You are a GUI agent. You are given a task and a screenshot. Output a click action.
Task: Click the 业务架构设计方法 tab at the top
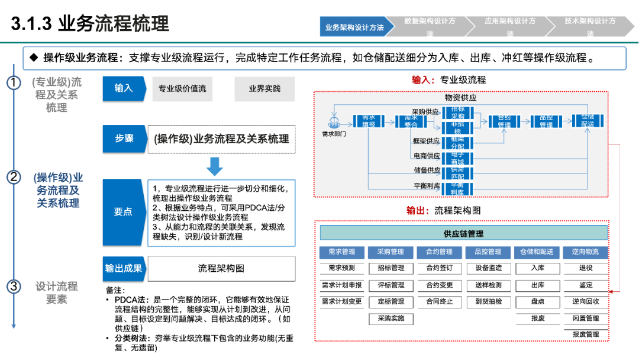coord(354,27)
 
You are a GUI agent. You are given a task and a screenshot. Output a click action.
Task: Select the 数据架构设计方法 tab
coord(430,27)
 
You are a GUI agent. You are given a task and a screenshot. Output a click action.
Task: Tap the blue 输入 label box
coord(124,88)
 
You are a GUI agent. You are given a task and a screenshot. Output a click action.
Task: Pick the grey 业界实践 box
coord(264,89)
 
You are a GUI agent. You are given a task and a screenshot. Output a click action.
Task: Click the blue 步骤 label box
coord(124,138)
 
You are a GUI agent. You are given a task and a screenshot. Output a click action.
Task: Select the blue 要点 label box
coord(124,212)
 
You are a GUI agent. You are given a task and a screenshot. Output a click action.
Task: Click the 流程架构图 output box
coord(221,268)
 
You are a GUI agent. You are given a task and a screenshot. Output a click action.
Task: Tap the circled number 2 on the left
coord(14,177)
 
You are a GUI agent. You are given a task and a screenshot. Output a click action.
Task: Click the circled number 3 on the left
coord(14,287)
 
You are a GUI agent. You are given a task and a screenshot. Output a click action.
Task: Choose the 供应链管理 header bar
coord(463,233)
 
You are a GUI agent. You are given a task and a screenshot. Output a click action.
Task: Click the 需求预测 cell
coord(342,268)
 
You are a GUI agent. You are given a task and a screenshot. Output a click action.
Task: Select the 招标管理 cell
coord(390,268)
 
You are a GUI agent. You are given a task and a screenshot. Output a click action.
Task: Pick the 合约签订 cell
coord(440,268)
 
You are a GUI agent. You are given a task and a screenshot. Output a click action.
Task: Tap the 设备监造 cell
coord(488,268)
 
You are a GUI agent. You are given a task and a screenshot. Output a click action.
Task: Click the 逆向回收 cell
coord(586,301)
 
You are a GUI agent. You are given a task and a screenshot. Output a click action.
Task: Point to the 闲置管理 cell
coord(586,318)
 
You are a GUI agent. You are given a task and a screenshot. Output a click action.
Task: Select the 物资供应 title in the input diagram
coord(460,98)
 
